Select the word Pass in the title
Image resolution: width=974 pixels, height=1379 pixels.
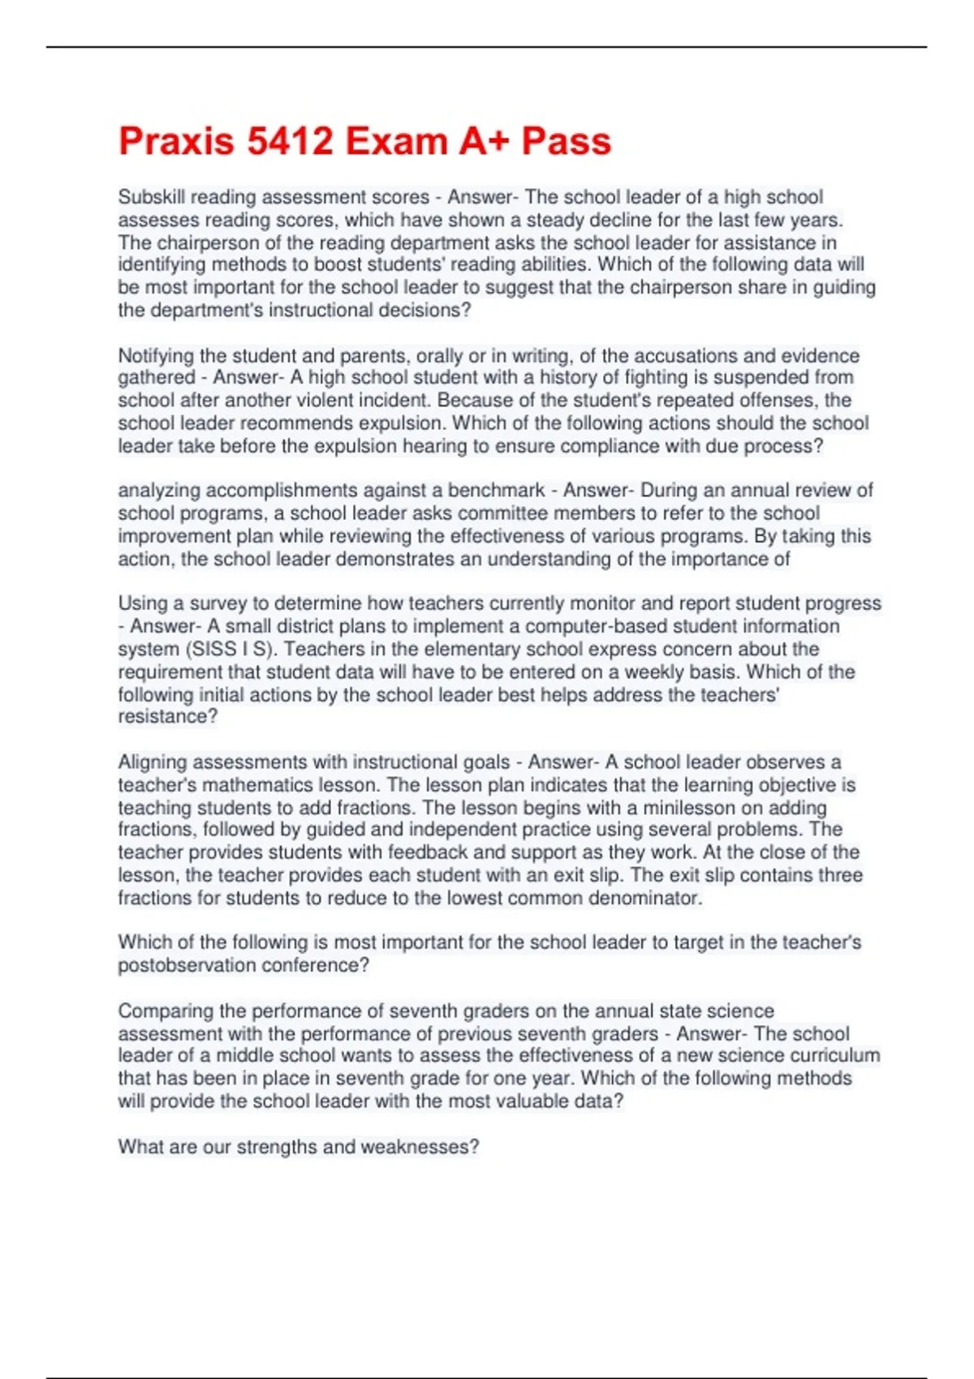pos(566,141)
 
